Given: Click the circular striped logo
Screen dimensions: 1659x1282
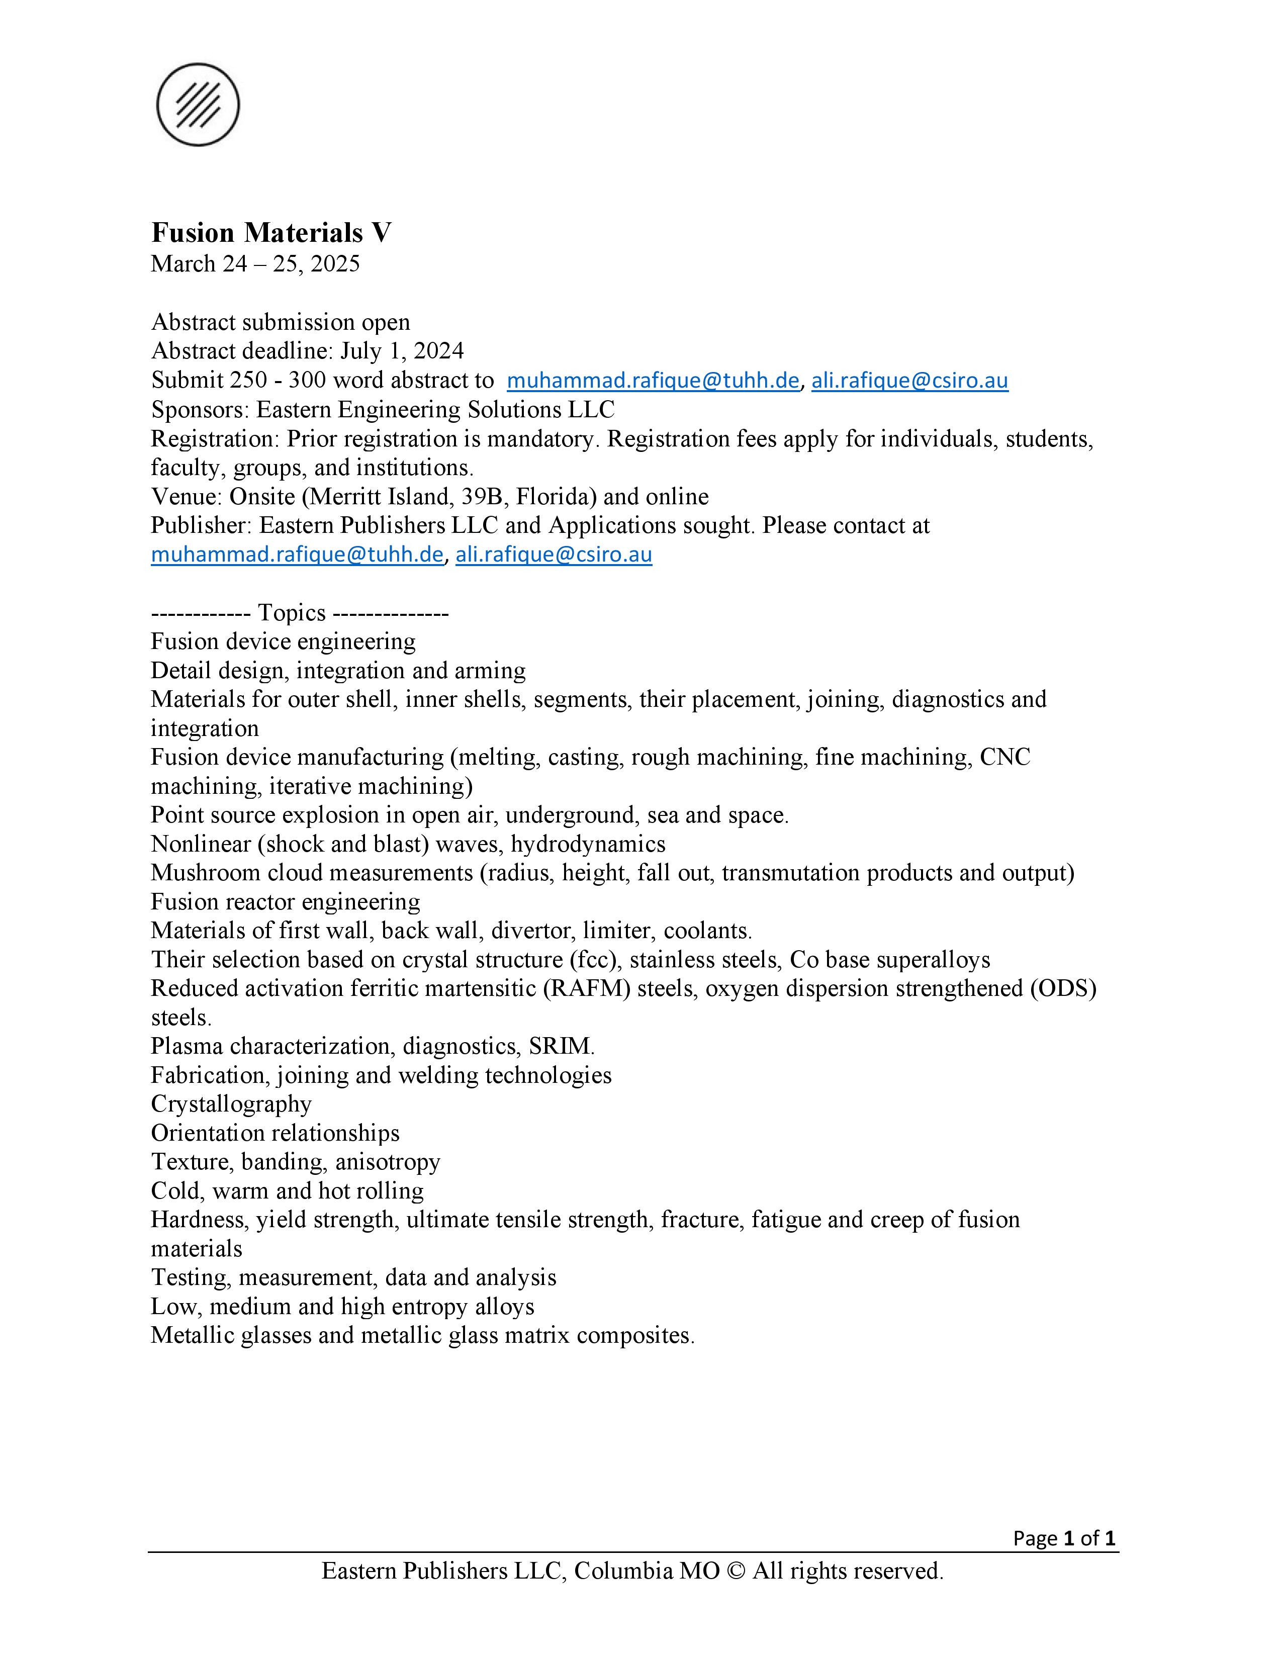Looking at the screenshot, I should [x=198, y=105].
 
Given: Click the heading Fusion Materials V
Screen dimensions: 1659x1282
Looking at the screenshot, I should [x=271, y=232].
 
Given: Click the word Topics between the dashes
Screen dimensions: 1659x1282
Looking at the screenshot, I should [x=292, y=612].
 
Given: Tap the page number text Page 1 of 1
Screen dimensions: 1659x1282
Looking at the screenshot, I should [x=1063, y=1538].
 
